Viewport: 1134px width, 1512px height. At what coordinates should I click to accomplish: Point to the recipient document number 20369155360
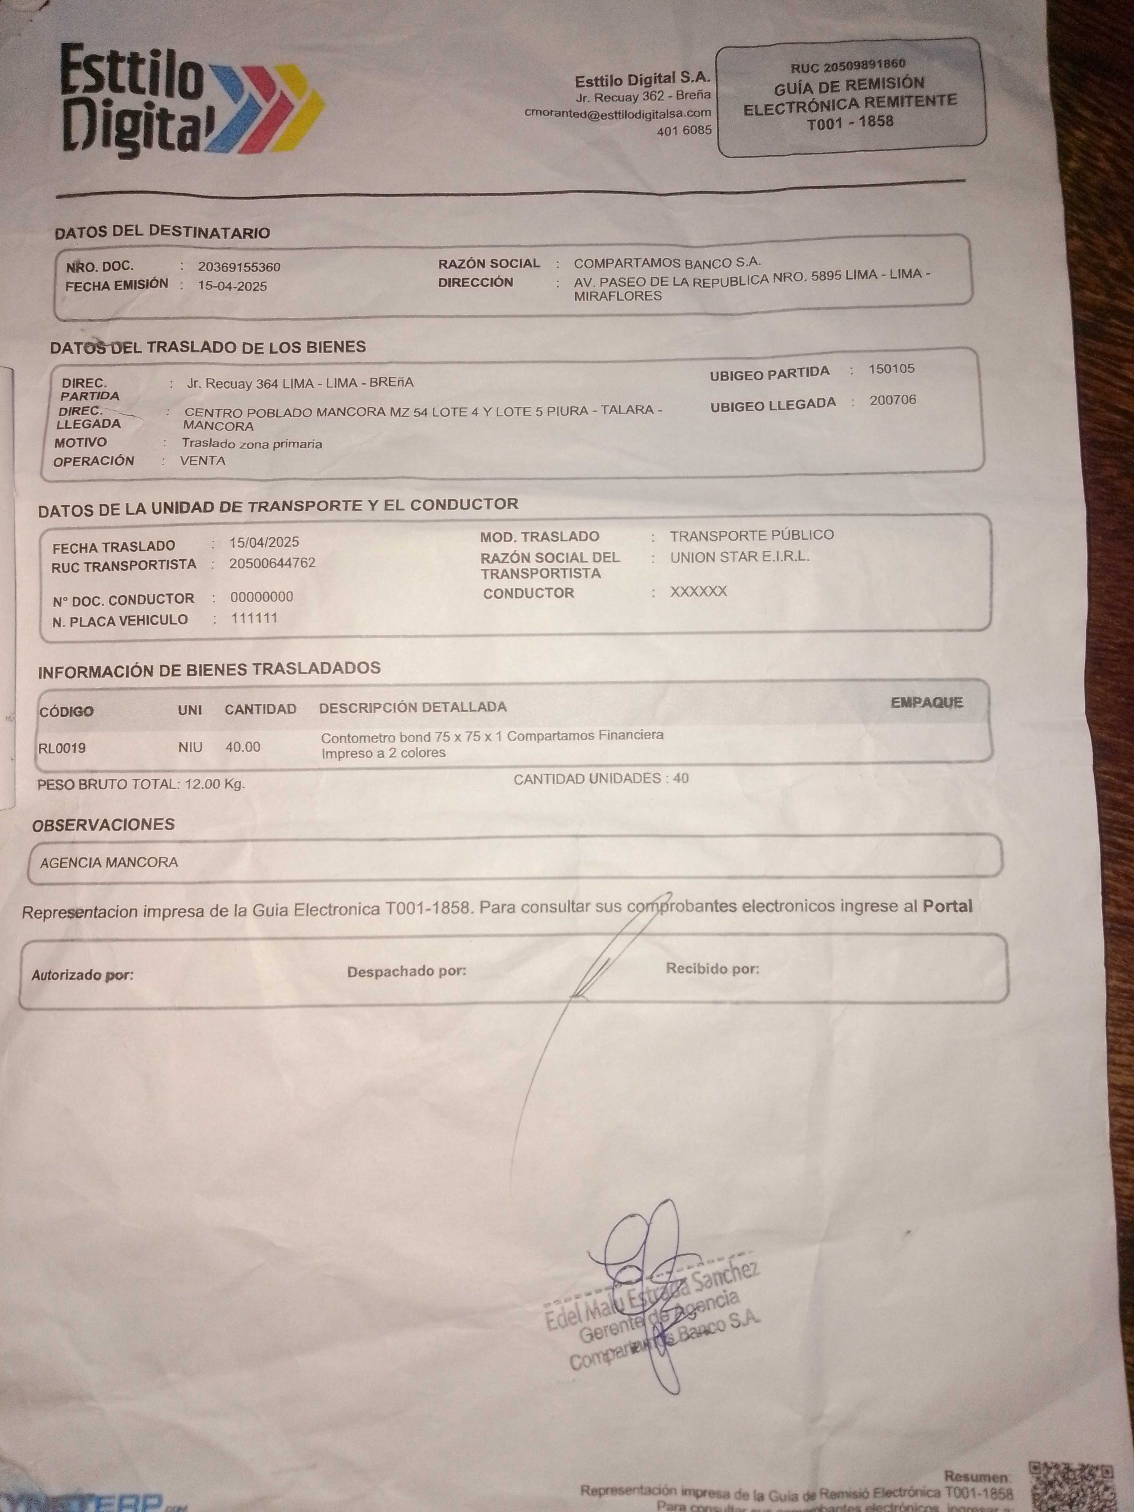(x=239, y=266)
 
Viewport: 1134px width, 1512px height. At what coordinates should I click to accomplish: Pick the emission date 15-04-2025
(x=232, y=286)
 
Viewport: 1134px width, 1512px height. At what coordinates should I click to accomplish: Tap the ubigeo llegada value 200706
(x=892, y=400)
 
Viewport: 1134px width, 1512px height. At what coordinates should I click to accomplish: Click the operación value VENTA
(x=202, y=461)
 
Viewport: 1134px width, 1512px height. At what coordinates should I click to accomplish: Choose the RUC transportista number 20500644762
(x=272, y=563)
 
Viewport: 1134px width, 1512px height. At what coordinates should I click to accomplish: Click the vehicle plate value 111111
(x=254, y=619)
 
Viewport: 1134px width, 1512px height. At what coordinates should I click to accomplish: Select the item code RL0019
(x=62, y=748)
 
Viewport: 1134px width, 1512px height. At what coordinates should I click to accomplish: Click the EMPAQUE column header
(x=926, y=703)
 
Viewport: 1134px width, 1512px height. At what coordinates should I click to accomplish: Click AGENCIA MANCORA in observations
(x=109, y=862)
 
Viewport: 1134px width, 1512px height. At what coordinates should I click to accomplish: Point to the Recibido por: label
(x=712, y=969)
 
